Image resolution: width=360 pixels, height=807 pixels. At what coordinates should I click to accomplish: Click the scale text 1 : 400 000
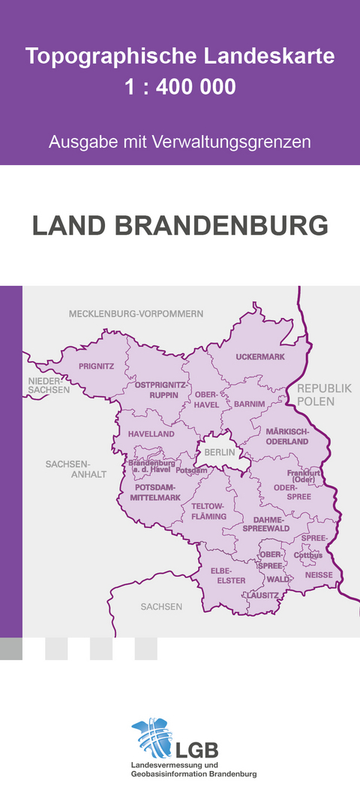pos(180,88)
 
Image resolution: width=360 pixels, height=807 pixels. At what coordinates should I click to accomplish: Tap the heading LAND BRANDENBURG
pos(180,225)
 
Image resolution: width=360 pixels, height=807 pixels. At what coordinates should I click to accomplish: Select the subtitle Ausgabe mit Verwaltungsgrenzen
pos(180,142)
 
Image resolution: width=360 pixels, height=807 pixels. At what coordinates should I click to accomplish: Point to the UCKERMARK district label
pos(260,357)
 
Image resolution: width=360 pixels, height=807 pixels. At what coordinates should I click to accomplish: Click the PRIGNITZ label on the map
pos(97,366)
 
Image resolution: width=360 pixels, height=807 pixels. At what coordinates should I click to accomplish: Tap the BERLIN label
pos(220,452)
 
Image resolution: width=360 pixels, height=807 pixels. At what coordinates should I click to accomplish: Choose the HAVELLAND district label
pos(151,433)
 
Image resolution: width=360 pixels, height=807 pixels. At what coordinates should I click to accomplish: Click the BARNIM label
pos(250,403)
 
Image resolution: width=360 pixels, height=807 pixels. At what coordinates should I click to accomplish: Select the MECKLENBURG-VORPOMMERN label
pos(136,313)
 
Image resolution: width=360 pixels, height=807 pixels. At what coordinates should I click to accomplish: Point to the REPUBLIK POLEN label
pos(323,394)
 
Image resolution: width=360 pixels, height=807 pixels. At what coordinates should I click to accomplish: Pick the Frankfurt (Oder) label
pos(304,476)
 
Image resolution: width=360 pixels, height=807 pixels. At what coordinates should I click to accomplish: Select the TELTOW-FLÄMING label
pos(202,511)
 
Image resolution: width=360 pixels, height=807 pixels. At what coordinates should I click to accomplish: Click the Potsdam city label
pos(191,470)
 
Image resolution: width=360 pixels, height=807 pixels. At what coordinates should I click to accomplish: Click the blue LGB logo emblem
pos(153,736)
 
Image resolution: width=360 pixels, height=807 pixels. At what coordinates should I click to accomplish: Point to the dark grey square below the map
pos(11,649)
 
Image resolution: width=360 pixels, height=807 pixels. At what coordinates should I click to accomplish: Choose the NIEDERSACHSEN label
pos(49,385)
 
